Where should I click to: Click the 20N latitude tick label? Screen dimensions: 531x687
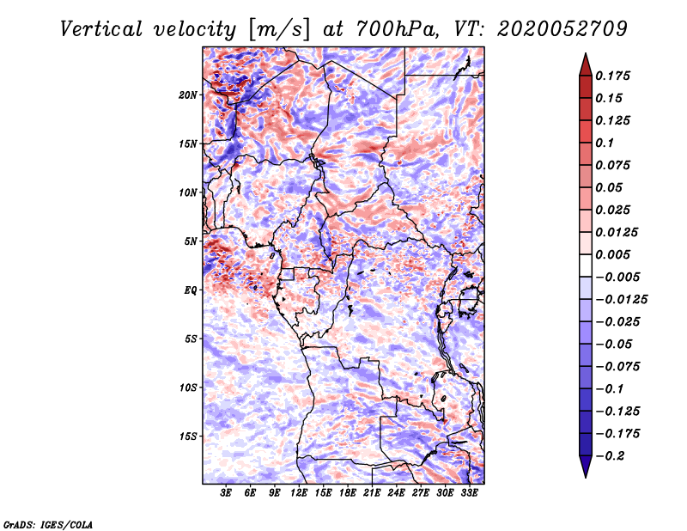[x=188, y=95]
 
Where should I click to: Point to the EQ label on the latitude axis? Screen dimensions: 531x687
[x=191, y=290]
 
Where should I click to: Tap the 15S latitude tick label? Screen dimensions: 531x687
[x=188, y=436]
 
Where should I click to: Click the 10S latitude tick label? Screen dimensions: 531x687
[x=188, y=388]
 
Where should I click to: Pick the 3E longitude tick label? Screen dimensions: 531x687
[x=227, y=494]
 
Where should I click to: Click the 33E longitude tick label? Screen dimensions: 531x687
[x=469, y=494]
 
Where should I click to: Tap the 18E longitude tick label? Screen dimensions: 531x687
[x=348, y=494]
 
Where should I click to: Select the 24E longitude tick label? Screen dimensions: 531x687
[x=396, y=494]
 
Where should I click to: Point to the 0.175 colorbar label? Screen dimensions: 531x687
[x=615, y=76]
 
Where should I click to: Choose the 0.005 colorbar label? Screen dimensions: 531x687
[x=615, y=254]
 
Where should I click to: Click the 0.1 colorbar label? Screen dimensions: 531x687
[x=605, y=143]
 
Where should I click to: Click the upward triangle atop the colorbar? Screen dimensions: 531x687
[x=585, y=61]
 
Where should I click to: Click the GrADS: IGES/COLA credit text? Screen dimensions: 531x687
[x=47, y=523]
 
